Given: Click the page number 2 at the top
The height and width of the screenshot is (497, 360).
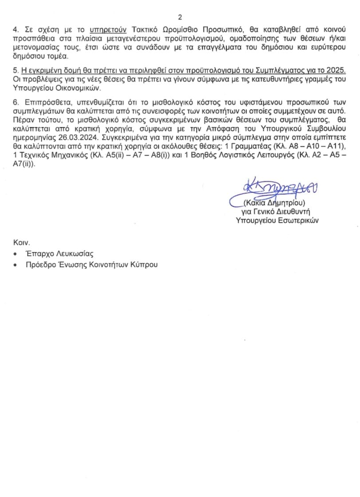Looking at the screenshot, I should pyautogui.click(x=180, y=17).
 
